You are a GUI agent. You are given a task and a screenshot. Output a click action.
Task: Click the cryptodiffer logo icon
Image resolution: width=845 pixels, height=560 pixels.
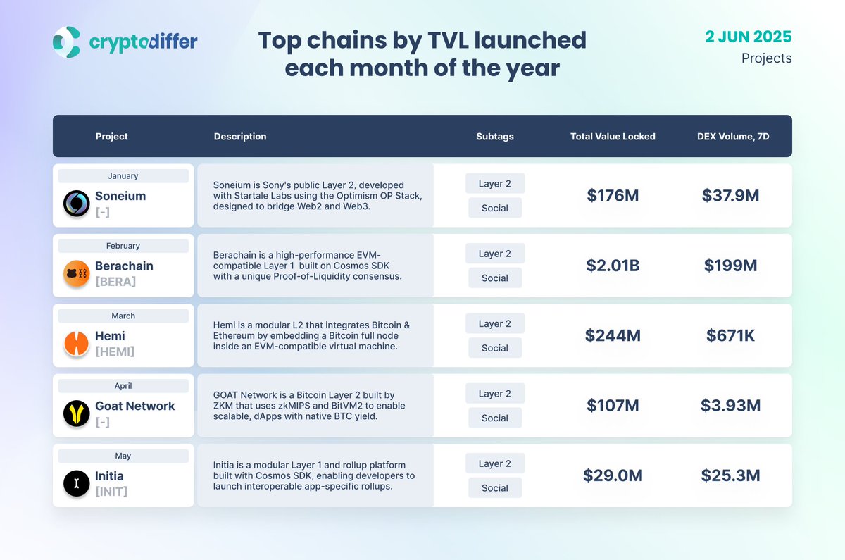click(66, 42)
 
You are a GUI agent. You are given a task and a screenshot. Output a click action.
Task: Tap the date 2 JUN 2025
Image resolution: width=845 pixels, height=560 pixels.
click(749, 36)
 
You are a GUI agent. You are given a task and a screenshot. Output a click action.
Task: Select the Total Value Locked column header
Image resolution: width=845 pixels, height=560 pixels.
click(613, 137)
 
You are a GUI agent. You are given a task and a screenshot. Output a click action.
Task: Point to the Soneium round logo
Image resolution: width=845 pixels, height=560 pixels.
click(76, 204)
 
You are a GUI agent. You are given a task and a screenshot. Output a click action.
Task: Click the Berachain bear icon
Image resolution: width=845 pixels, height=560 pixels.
click(76, 273)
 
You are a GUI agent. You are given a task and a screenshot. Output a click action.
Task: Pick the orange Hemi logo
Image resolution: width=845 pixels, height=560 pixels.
click(76, 343)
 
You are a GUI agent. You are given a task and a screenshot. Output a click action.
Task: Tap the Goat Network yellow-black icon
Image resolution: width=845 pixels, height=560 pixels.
click(76, 413)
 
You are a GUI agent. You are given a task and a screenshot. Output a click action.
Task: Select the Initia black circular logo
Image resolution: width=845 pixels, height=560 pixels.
click(76, 483)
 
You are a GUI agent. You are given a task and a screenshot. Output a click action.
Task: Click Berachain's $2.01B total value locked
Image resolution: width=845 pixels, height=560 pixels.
click(613, 266)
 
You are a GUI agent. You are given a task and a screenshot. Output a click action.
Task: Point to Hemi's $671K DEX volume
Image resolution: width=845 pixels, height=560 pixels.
click(730, 336)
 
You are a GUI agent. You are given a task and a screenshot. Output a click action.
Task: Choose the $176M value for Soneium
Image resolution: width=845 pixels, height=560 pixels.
click(613, 196)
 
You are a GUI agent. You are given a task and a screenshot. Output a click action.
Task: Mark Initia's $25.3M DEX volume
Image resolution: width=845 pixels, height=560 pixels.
click(730, 475)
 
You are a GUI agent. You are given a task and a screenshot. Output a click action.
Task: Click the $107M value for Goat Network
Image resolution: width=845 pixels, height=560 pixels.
click(613, 406)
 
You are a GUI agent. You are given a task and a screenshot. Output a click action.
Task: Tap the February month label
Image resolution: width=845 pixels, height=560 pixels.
click(123, 246)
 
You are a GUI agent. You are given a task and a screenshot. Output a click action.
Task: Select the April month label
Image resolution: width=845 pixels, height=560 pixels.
click(123, 386)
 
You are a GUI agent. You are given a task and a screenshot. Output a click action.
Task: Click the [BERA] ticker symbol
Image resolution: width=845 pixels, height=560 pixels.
click(115, 282)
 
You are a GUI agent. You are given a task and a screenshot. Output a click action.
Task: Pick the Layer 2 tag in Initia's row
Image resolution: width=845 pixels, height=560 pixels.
click(495, 463)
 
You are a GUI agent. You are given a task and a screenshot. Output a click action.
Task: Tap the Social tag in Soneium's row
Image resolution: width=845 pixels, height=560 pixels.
click(495, 208)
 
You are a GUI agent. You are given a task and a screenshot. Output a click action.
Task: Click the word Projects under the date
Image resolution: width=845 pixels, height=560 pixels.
click(766, 58)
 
